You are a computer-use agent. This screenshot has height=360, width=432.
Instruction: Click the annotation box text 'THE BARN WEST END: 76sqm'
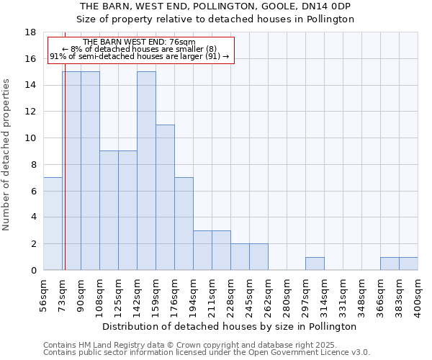click(139, 42)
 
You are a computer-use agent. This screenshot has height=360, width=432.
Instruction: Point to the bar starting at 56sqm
click(53, 223)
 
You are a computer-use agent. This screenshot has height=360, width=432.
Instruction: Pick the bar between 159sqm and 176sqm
click(165, 197)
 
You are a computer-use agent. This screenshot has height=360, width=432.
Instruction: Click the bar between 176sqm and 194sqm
click(184, 223)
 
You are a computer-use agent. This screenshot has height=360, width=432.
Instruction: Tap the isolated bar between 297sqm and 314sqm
click(315, 264)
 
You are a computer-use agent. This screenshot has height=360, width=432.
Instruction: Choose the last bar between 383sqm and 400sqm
click(408, 264)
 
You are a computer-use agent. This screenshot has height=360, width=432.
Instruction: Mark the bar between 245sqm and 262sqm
click(258, 257)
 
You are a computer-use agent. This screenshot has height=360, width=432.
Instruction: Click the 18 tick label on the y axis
click(30, 32)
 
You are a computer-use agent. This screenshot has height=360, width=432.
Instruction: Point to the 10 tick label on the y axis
click(30, 138)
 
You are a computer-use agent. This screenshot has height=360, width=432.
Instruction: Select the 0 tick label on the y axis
click(33, 270)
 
